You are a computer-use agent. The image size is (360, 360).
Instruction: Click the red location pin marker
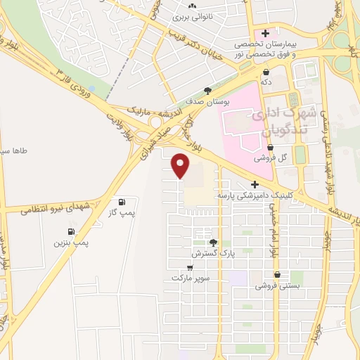[x=181, y=166]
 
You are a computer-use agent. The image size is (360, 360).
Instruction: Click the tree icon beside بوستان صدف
[x=207, y=90]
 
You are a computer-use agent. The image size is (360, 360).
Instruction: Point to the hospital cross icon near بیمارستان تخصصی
[x=265, y=33]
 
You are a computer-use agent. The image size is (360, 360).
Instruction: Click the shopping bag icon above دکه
[x=266, y=72]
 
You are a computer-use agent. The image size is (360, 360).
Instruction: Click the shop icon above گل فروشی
[x=270, y=147]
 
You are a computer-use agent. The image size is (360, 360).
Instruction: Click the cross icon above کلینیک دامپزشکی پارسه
[x=255, y=184]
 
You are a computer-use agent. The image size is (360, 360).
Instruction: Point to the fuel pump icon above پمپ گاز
[x=124, y=200]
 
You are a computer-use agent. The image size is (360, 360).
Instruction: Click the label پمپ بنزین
[x=71, y=242]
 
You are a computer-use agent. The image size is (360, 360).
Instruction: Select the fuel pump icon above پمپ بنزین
[x=70, y=232]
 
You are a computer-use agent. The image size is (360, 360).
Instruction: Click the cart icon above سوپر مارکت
[x=190, y=267]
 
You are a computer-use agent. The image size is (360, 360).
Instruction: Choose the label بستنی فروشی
[x=278, y=285]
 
